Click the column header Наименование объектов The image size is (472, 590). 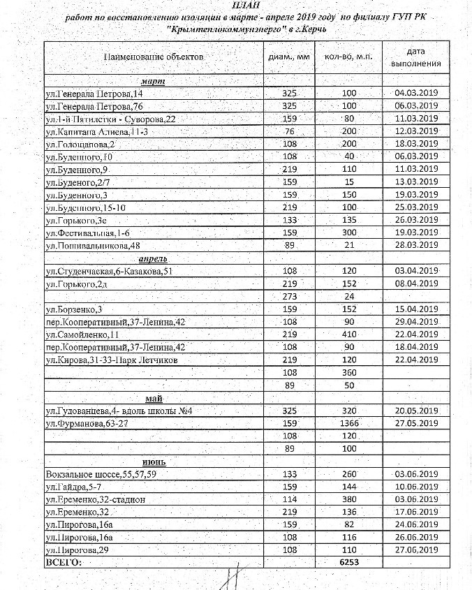coord(154,56)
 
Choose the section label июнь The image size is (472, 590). coord(154,462)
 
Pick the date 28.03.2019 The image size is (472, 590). coord(415,246)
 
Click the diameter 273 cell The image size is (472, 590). coord(290,296)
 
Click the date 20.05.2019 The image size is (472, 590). coord(415,411)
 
